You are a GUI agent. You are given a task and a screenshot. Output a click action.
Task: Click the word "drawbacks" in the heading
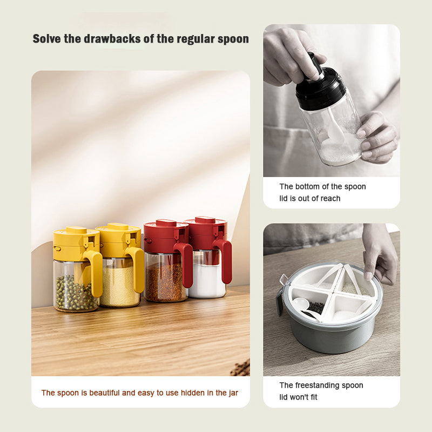(x=112, y=38)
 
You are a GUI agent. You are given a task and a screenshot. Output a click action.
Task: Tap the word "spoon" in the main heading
(x=233, y=39)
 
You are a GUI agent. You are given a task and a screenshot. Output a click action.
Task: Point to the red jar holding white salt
(x=208, y=258)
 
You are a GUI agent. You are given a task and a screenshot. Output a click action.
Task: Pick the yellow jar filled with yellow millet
(x=120, y=265)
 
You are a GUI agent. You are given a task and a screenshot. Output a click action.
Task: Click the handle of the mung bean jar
(x=94, y=273)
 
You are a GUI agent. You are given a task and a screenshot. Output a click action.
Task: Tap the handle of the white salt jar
(x=225, y=260)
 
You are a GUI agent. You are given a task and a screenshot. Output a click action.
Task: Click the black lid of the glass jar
(x=321, y=86)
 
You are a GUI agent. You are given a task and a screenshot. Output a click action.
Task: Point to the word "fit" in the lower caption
(x=314, y=397)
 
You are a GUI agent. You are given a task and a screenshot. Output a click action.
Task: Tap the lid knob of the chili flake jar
(x=166, y=222)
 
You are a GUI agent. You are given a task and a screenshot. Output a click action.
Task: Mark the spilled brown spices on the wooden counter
(x=240, y=368)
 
